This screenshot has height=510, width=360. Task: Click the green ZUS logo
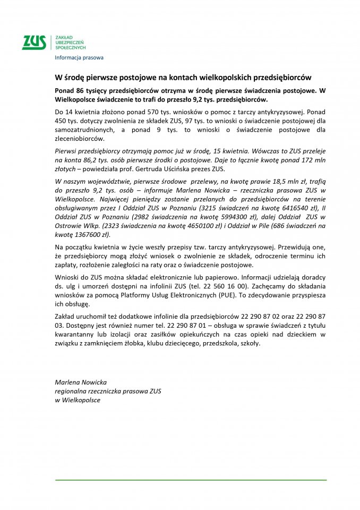click(x=34, y=42)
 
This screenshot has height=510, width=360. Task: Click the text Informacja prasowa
click(x=79, y=57)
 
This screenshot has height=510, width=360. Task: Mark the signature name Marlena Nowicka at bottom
click(x=81, y=382)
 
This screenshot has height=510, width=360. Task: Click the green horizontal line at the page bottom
click(x=191, y=480)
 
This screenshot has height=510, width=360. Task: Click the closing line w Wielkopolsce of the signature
click(x=78, y=399)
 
